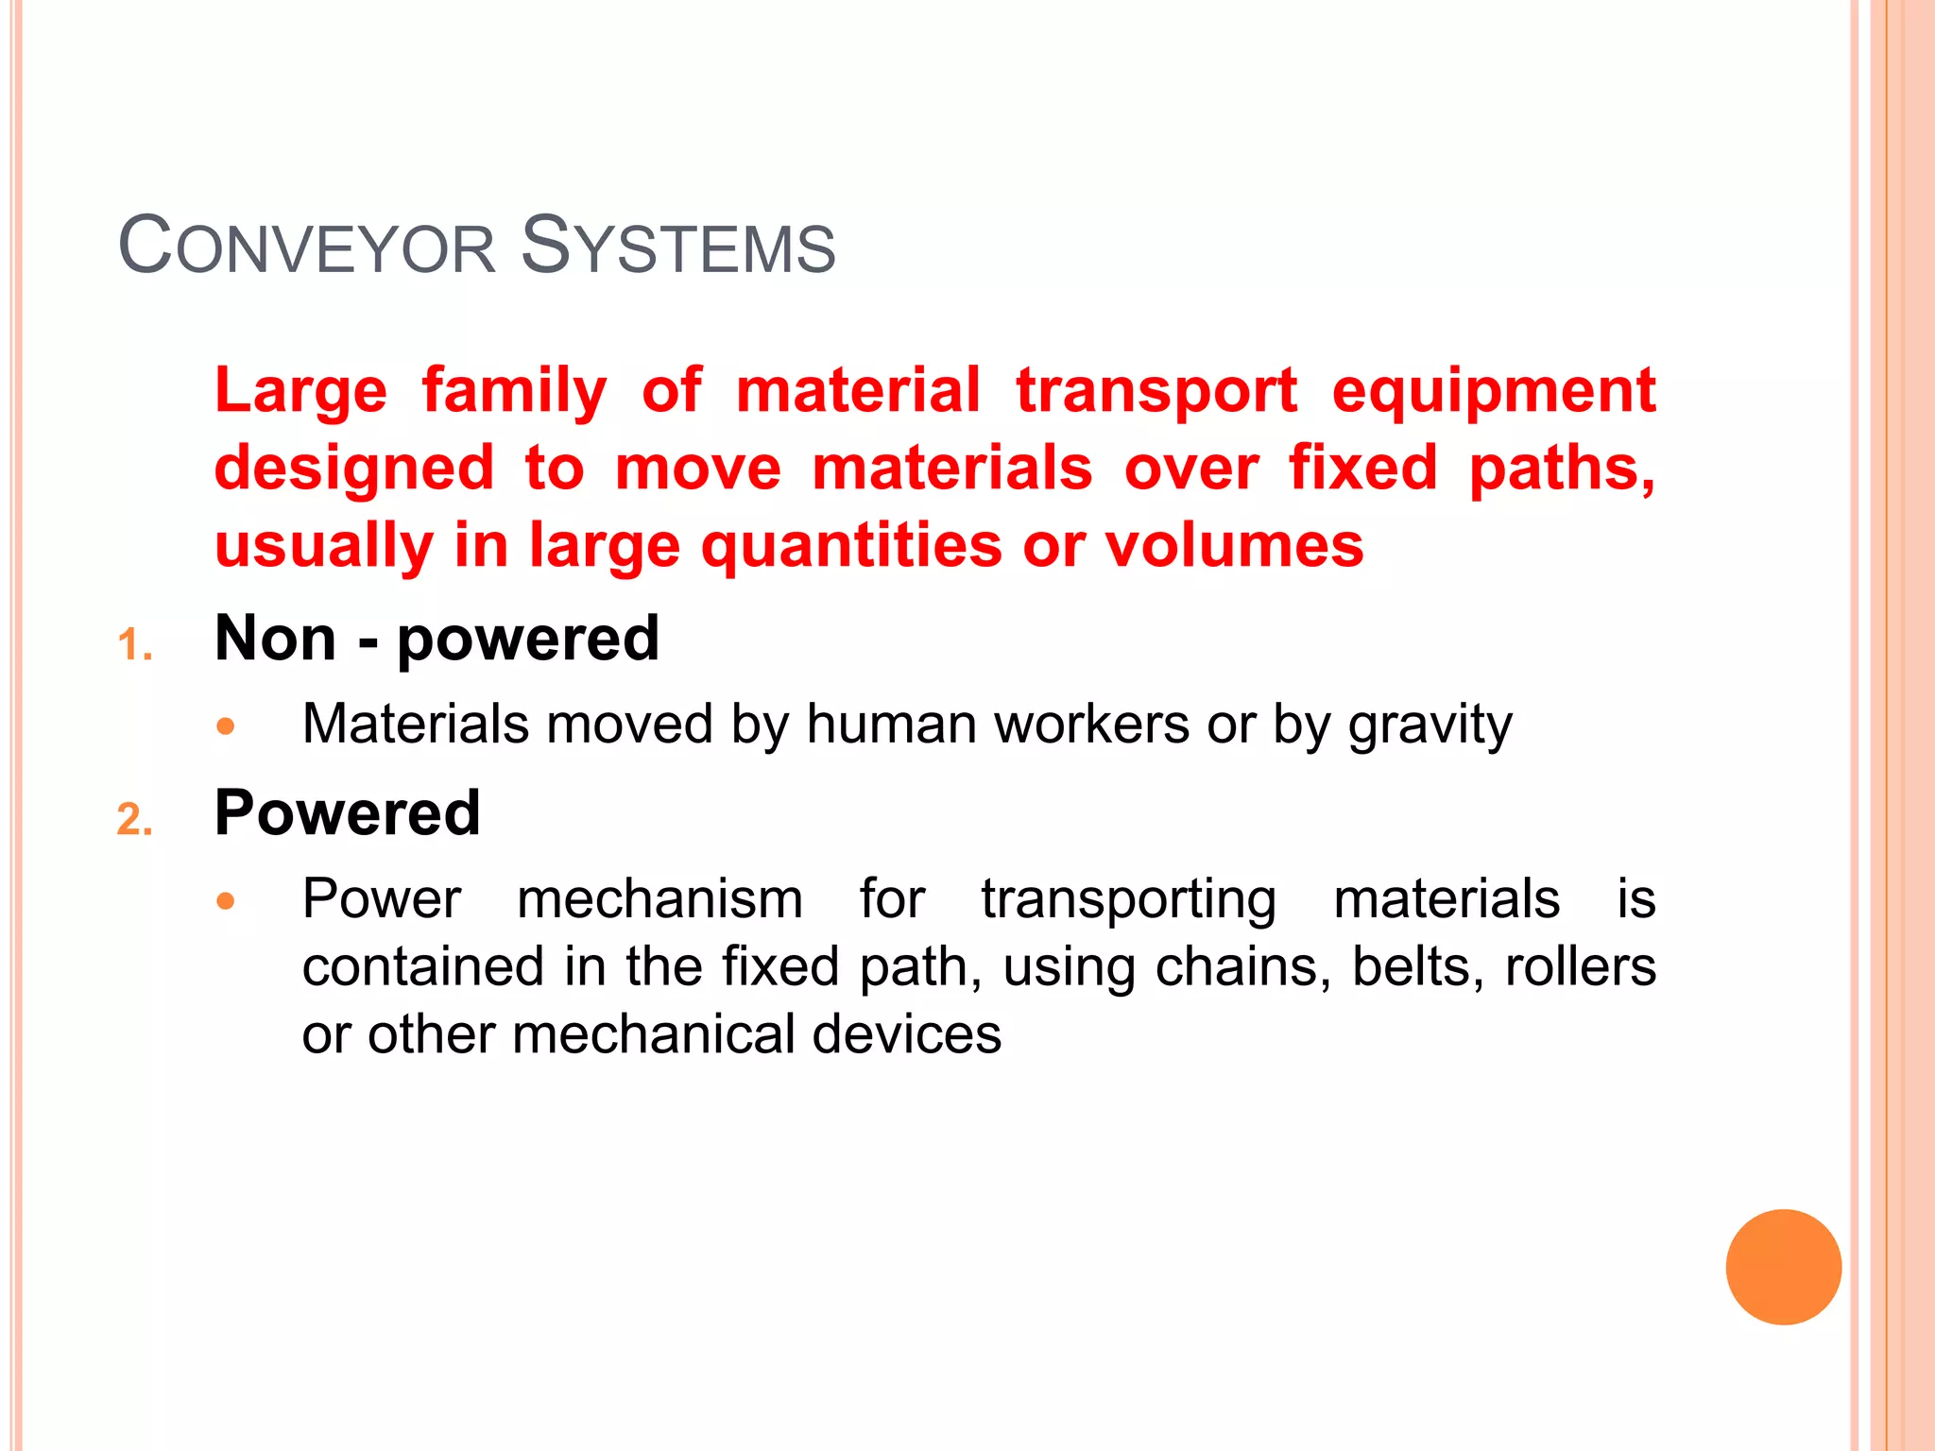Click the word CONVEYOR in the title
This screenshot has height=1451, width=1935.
307,248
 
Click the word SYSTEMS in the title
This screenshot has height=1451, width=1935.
677,248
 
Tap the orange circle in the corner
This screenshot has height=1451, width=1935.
1783,1267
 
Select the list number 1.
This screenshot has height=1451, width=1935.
134,646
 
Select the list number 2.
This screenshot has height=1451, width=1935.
134,819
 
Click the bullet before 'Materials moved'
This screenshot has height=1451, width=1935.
225,726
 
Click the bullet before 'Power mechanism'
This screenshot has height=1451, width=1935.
225,900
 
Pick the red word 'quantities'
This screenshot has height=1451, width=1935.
850,547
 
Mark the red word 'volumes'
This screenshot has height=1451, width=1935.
1234,547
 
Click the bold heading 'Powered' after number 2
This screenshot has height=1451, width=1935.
348,813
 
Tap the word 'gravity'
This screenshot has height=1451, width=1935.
1430,726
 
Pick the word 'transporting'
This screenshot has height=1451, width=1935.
1128,900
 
